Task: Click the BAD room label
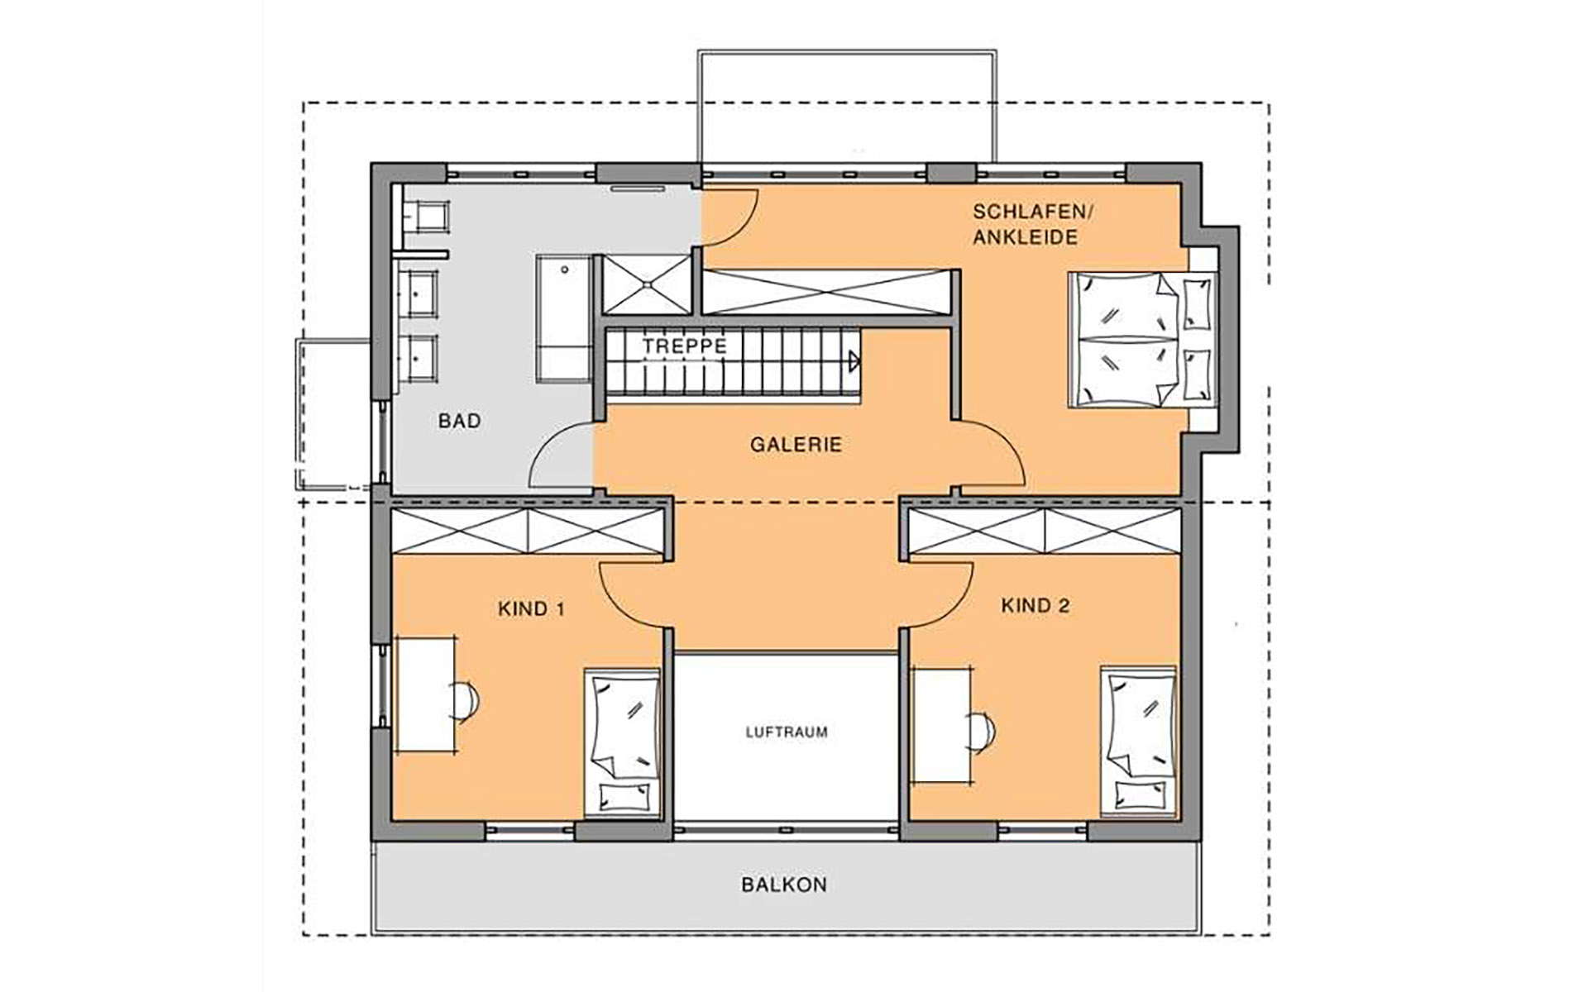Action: [x=459, y=422]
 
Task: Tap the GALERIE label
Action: [x=796, y=445]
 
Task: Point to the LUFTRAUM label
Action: [x=787, y=732]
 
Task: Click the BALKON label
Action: [x=784, y=885]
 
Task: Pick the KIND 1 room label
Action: [x=532, y=610]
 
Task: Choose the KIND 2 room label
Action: [x=1036, y=606]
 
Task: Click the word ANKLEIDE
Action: [x=1026, y=237]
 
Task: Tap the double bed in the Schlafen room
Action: [x=1144, y=339]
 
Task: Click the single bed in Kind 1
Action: [x=623, y=742]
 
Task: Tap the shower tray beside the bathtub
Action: [x=646, y=284]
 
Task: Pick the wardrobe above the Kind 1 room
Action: [x=527, y=530]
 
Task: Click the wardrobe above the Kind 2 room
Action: [x=1045, y=530]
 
